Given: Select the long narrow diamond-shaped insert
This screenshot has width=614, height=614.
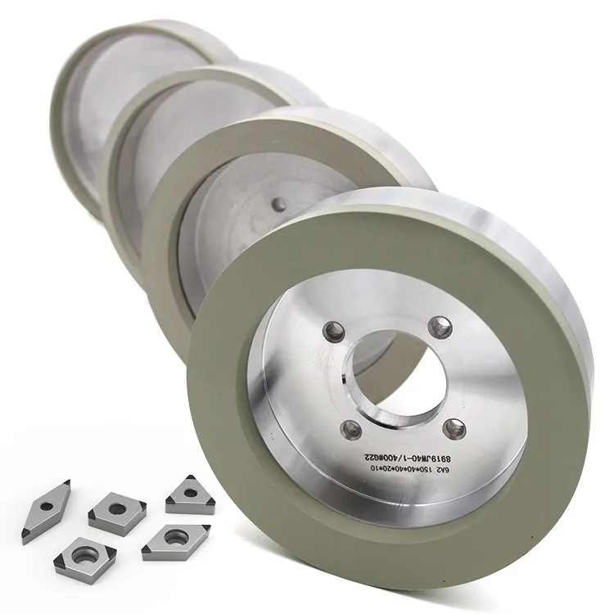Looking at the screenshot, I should pyautogui.click(x=47, y=512).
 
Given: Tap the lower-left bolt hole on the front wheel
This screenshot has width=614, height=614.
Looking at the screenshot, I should pyautogui.click(x=350, y=426).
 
